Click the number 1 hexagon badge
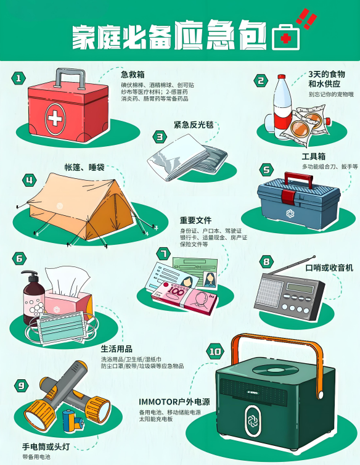[x=18, y=78]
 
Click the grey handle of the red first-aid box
[x=70, y=78]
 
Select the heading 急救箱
[x=133, y=75]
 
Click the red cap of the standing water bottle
[x=282, y=77]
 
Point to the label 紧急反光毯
[x=194, y=125]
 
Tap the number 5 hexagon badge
[x=266, y=170]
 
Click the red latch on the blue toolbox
[x=288, y=197]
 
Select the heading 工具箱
[x=313, y=157]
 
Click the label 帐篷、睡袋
[x=84, y=167]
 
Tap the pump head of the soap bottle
[x=30, y=275]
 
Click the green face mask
[x=62, y=326]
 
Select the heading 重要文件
[x=195, y=220]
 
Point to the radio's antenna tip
[x=314, y=257]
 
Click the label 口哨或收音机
[x=329, y=268]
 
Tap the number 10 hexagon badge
[x=215, y=352]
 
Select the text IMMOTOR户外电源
[x=174, y=402]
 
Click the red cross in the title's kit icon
[x=285, y=39]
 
